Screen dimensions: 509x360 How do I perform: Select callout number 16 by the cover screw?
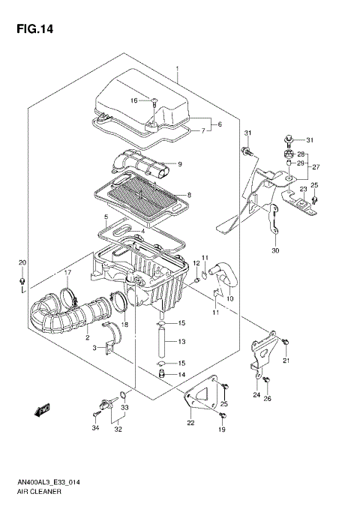tap(135, 100)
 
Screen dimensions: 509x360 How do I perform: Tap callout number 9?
tap(180, 164)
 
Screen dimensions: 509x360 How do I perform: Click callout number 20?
tap(22, 262)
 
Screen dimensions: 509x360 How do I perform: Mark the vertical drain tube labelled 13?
tap(161, 342)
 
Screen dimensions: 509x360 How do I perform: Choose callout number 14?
tap(181, 375)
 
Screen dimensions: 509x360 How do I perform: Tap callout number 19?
tap(222, 430)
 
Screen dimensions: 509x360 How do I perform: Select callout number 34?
tap(95, 429)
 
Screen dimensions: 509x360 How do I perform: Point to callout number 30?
tap(275, 250)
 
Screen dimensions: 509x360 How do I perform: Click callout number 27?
tap(316, 167)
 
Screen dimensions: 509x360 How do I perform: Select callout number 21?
tap(286, 361)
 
